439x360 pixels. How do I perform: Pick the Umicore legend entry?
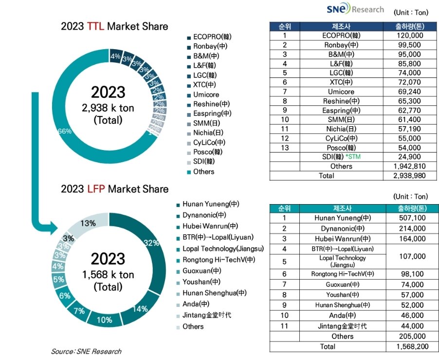(x=206, y=95)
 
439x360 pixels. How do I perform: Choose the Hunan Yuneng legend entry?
(x=211, y=204)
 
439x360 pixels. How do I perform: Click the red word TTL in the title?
(x=96, y=27)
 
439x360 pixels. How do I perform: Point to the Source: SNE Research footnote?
(x=86, y=351)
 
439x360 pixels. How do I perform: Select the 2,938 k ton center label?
(x=108, y=108)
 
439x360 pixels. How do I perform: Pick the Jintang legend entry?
(x=206, y=315)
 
